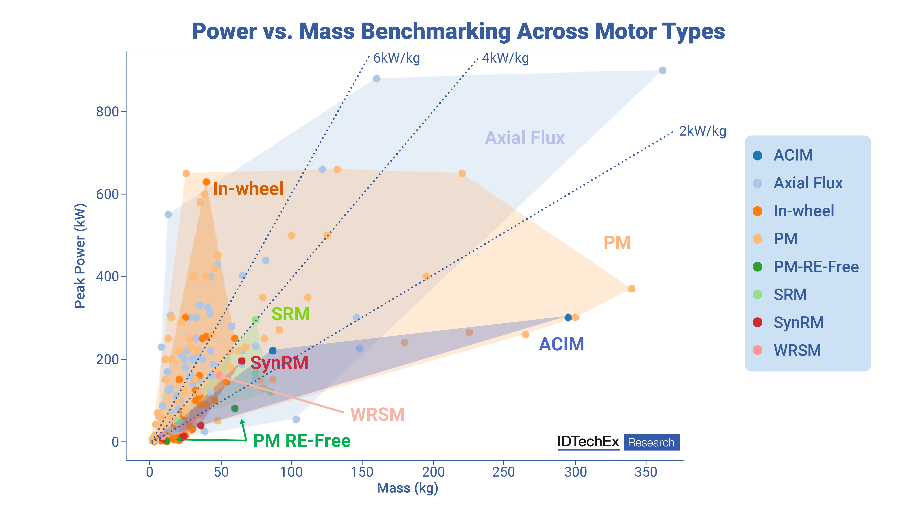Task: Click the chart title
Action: [458, 31]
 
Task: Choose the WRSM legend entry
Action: [797, 350]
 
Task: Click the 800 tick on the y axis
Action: [107, 112]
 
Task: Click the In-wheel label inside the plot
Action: [248, 189]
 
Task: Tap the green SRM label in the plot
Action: [291, 314]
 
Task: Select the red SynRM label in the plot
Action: [280, 363]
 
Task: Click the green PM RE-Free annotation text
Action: [302, 441]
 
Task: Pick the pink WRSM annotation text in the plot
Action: [377, 415]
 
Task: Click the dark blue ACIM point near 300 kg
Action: [568, 317]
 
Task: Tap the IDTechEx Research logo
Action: [618, 442]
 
